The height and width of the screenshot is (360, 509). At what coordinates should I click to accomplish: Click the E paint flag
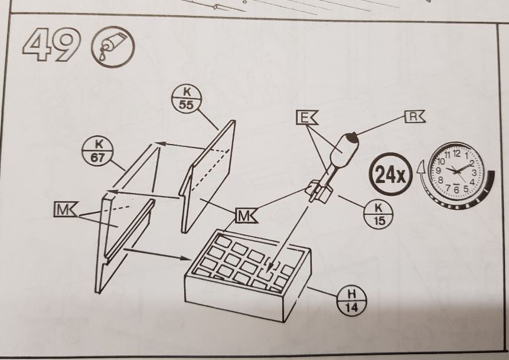[306, 119]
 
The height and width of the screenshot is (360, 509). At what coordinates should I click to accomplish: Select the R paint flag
[414, 116]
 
